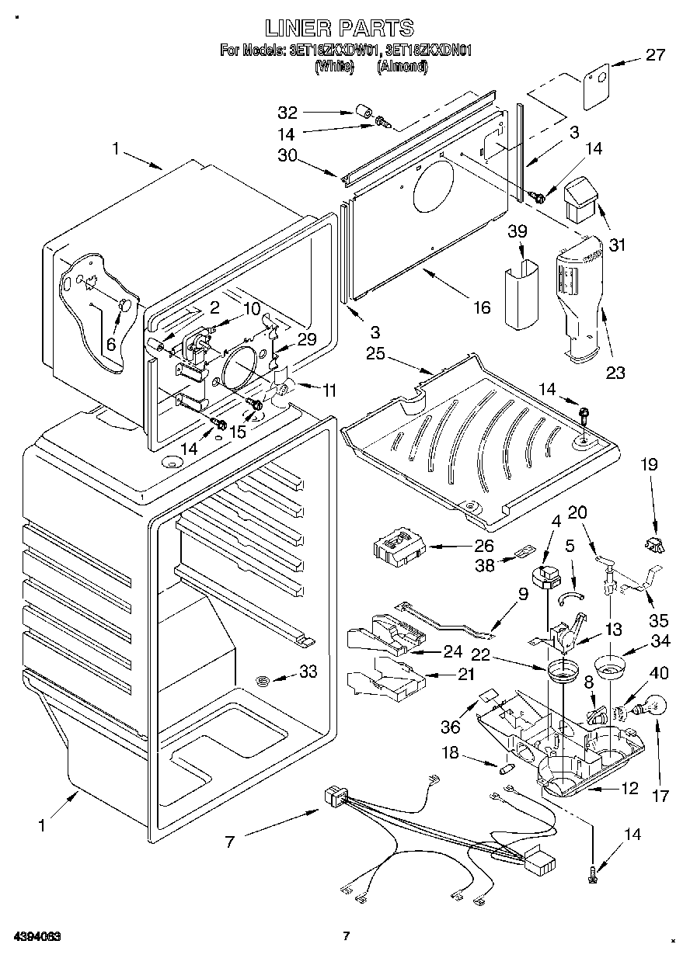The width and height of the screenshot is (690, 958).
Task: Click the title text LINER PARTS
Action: (339, 29)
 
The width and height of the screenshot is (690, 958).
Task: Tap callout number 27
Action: (655, 55)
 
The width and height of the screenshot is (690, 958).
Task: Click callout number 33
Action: (308, 672)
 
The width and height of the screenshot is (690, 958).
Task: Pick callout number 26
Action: (484, 547)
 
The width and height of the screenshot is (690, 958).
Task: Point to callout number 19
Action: (649, 465)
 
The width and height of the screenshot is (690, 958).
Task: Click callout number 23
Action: (615, 373)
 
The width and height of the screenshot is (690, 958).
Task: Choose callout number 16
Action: (482, 307)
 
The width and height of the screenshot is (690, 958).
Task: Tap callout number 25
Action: (376, 354)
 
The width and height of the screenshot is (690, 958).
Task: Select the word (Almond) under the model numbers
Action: (402, 67)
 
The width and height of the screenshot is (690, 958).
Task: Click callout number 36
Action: (451, 727)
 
